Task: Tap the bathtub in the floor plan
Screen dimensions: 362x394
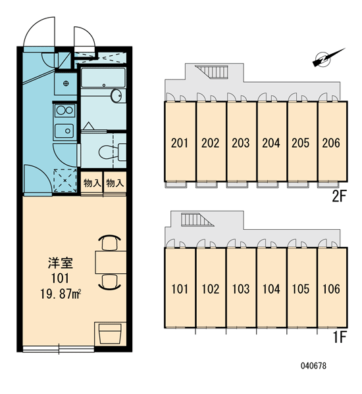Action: (103, 77)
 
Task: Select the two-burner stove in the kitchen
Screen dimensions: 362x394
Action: (65, 110)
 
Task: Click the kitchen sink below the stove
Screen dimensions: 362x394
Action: (65, 131)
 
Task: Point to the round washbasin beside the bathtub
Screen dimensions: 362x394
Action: (116, 95)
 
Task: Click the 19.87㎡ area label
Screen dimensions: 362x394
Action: (61, 294)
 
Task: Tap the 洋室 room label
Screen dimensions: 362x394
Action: (61, 263)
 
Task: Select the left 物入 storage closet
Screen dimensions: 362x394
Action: (91, 183)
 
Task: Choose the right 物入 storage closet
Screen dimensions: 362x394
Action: (115, 183)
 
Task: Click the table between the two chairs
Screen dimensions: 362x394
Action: (111, 262)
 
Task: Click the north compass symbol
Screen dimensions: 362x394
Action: (327, 58)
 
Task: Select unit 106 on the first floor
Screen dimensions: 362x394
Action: (332, 288)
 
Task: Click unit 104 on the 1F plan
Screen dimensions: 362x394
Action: (272, 288)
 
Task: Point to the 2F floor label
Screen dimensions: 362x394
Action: (340, 196)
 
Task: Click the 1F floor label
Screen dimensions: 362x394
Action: (340, 338)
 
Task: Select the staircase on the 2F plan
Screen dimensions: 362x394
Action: (212, 72)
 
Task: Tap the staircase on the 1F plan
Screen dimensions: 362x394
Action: (197, 219)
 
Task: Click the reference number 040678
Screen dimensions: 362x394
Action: (313, 366)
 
